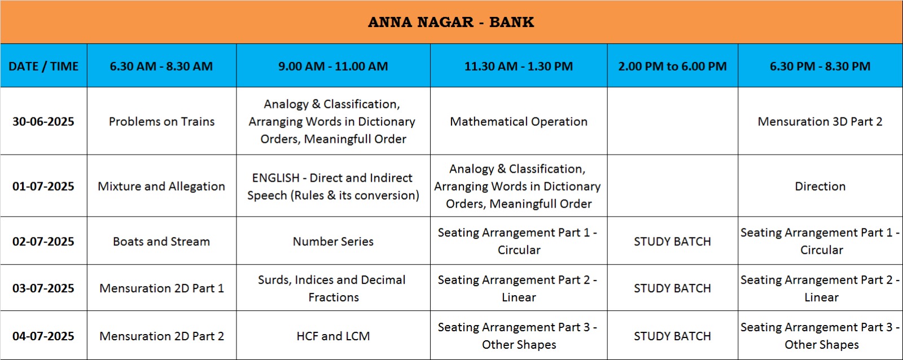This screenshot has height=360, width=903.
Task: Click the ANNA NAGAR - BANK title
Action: tap(451, 22)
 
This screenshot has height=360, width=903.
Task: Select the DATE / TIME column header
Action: tap(43, 66)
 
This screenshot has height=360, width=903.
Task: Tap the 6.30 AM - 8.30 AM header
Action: tap(161, 66)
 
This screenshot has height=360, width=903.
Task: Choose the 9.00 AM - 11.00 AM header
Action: tap(333, 66)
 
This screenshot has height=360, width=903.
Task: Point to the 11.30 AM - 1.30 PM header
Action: tap(519, 66)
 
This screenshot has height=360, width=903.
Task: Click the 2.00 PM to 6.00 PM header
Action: tap(672, 66)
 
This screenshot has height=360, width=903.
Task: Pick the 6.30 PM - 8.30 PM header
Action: tap(820, 66)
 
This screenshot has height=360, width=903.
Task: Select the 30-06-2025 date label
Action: tap(43, 121)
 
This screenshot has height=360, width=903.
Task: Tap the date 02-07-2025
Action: tap(43, 241)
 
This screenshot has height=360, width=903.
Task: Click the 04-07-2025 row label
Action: tap(43, 336)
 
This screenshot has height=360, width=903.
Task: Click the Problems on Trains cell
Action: tap(161, 121)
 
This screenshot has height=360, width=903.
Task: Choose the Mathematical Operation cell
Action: tap(519, 121)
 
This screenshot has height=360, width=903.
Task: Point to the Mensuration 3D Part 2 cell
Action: tap(820, 121)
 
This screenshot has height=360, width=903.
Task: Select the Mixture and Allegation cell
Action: tap(161, 186)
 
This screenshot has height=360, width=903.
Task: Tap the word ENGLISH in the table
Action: tap(276, 178)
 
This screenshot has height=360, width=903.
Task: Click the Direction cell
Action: tap(820, 186)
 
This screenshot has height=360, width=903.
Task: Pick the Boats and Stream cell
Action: tap(161, 241)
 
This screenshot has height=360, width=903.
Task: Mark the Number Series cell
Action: tap(333, 241)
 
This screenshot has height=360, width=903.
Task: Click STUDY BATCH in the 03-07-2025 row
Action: tap(672, 288)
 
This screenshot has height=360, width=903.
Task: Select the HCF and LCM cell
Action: tap(333, 336)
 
